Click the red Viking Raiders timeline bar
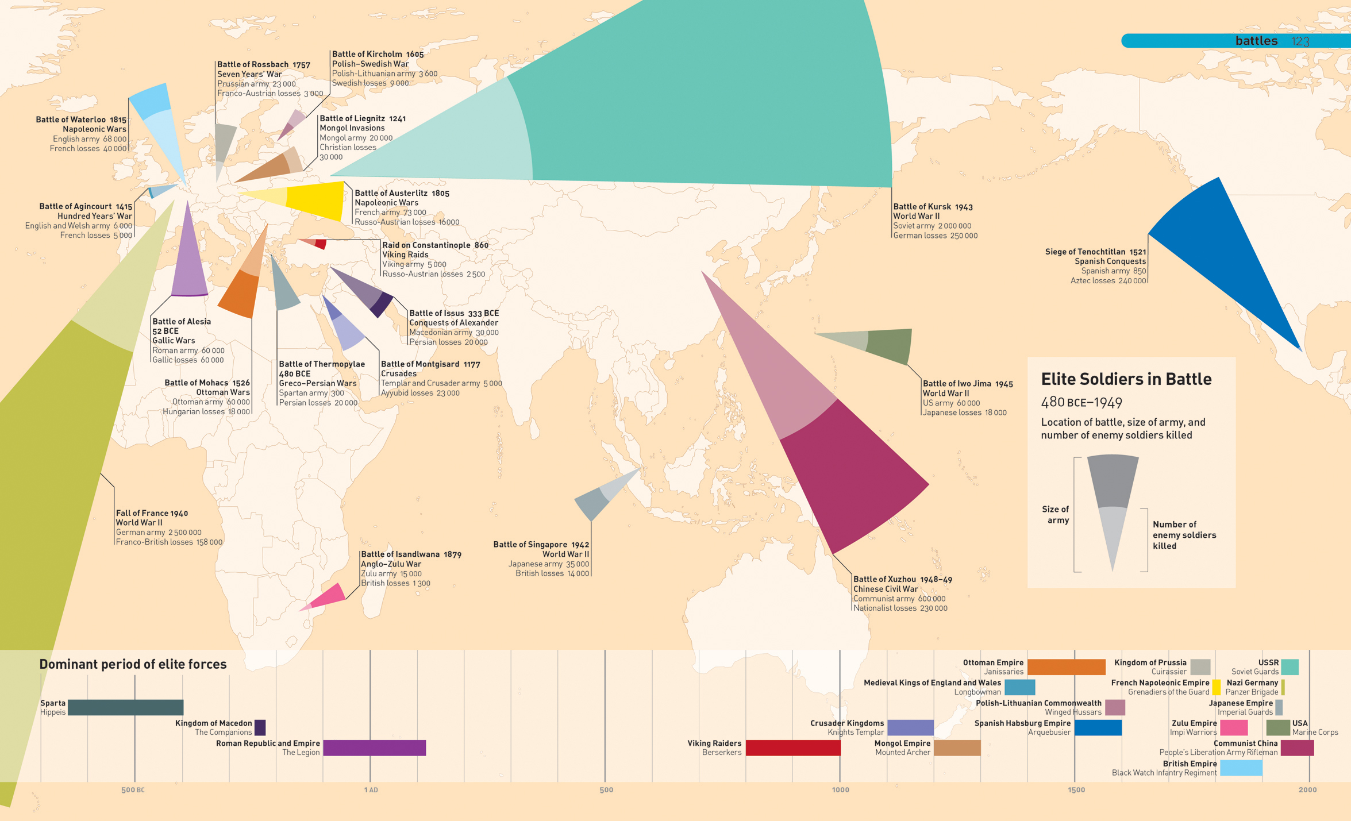pos(792,747)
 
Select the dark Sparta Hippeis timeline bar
pos(125,707)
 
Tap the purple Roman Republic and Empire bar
pos(374,747)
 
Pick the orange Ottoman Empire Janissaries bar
pos(1066,667)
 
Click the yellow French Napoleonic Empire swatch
pos(1216,687)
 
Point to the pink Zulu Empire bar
pos(1234,727)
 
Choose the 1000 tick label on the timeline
pos(840,790)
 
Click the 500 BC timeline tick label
pos(133,790)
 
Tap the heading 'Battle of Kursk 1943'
pos(933,207)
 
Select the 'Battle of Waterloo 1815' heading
pos(81,120)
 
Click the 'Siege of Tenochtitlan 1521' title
pos(1095,252)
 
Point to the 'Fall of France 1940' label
pos(152,513)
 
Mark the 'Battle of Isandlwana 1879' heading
pos(411,554)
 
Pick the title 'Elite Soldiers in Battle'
pos(1126,379)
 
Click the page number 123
pos(1300,41)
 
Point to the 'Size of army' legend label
pos(1056,514)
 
